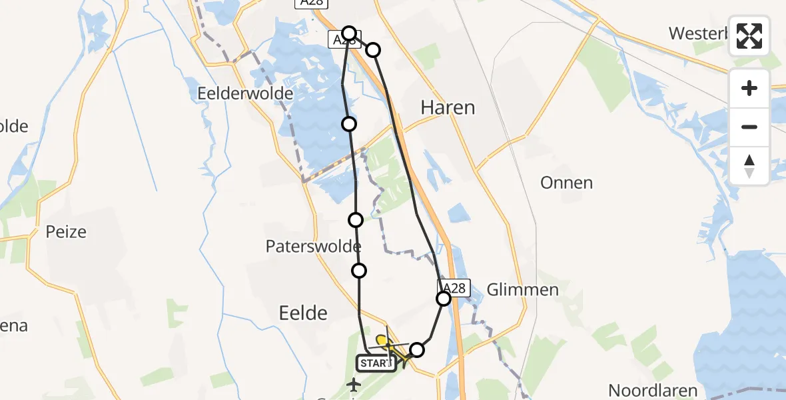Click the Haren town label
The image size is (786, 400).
[x=448, y=107]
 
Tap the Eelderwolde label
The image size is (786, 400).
[x=245, y=93]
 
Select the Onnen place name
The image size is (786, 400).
[x=566, y=183]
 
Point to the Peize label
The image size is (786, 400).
[x=66, y=232]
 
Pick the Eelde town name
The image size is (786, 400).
[x=304, y=313]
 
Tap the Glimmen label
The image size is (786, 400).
[x=522, y=289]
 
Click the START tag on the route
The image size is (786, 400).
[x=376, y=363]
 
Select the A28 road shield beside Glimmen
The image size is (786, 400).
[x=454, y=287]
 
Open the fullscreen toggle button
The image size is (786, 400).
[x=749, y=36]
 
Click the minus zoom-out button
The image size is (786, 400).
[x=749, y=127]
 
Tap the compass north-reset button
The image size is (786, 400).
[x=749, y=165]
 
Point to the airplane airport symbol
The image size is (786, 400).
[x=353, y=385]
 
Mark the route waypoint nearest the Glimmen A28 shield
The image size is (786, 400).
[x=444, y=299]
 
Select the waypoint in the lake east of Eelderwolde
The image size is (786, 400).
[x=348, y=123]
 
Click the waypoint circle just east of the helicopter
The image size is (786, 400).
[x=417, y=349]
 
